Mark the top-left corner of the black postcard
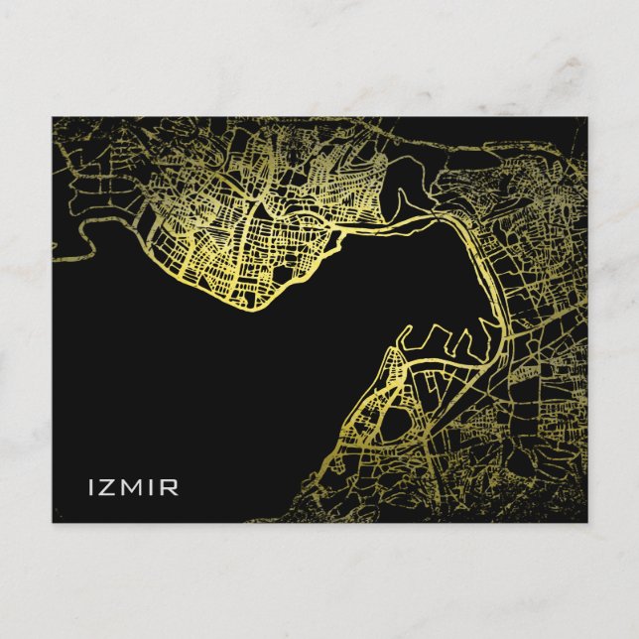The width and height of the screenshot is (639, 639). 54,118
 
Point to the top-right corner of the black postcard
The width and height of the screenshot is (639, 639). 586,118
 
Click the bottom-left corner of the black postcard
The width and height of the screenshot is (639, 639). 54,522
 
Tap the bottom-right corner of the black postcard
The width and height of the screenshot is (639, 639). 586,522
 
